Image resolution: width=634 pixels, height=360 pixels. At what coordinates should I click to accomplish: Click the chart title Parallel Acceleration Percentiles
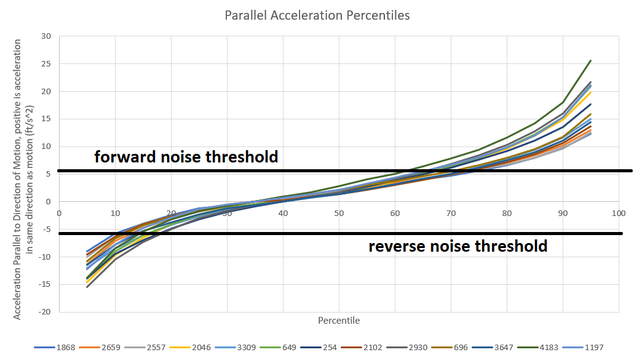(x=317, y=15)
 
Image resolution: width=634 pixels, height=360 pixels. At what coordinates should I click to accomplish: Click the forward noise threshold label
(x=186, y=157)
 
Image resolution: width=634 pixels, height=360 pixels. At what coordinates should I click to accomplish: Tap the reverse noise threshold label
(x=458, y=247)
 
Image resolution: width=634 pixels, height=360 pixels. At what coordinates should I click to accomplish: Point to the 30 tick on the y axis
(x=46, y=36)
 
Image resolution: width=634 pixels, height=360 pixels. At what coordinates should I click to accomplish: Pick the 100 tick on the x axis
(x=618, y=214)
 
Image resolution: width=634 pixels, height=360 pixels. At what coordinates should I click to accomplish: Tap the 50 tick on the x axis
(x=338, y=214)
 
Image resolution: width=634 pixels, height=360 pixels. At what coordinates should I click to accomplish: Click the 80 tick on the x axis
(x=506, y=214)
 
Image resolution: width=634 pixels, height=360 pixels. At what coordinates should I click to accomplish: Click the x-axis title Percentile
(x=339, y=321)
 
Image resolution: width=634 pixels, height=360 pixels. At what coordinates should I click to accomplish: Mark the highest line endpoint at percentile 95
(x=590, y=60)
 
